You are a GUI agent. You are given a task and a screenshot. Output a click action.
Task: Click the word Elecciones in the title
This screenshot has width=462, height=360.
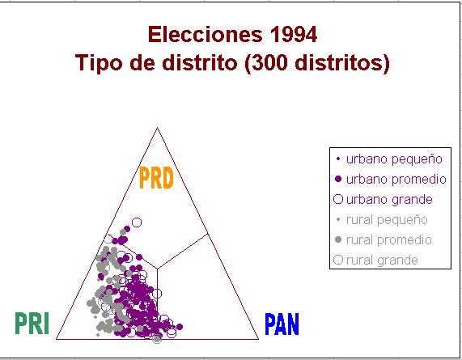pos(205,35)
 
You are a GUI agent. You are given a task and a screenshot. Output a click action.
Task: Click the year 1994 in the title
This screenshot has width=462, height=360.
pos(293,35)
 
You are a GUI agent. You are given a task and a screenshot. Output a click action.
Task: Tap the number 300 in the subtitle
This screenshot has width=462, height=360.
pos(270,63)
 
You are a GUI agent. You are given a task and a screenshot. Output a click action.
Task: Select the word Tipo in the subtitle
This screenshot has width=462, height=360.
pos(99,63)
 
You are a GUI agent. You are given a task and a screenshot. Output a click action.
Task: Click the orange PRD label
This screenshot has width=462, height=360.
pos(156,178)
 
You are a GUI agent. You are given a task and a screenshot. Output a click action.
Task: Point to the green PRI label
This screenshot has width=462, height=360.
pos(32,323)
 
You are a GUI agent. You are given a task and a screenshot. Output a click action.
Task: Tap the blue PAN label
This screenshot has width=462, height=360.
pos(282,324)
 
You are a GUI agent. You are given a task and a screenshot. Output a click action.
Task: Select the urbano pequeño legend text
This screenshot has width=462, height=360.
pos(394,159)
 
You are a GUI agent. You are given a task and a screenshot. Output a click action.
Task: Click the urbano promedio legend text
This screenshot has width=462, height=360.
pos(396,180)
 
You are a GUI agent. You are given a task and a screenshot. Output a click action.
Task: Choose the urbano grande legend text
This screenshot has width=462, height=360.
pos(389,200)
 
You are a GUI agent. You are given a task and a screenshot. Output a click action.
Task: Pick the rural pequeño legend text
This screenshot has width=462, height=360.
pos(387,220)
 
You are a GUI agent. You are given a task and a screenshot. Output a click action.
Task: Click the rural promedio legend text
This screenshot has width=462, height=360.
pos(389,240)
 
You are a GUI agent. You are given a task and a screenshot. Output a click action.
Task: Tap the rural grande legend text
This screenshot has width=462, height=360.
pos(382,260)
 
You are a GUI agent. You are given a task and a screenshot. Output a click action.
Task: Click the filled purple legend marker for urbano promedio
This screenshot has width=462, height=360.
pos(338,179)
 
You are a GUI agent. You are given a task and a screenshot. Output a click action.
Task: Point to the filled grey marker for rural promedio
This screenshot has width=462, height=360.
pos(338,239)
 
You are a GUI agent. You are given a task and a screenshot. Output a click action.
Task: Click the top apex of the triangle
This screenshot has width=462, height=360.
pos(157,128)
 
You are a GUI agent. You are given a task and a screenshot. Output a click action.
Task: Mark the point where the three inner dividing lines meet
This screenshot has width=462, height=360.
pos(157,269)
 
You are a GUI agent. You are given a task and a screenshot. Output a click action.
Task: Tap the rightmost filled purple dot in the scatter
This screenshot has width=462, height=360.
pos(180,327)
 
